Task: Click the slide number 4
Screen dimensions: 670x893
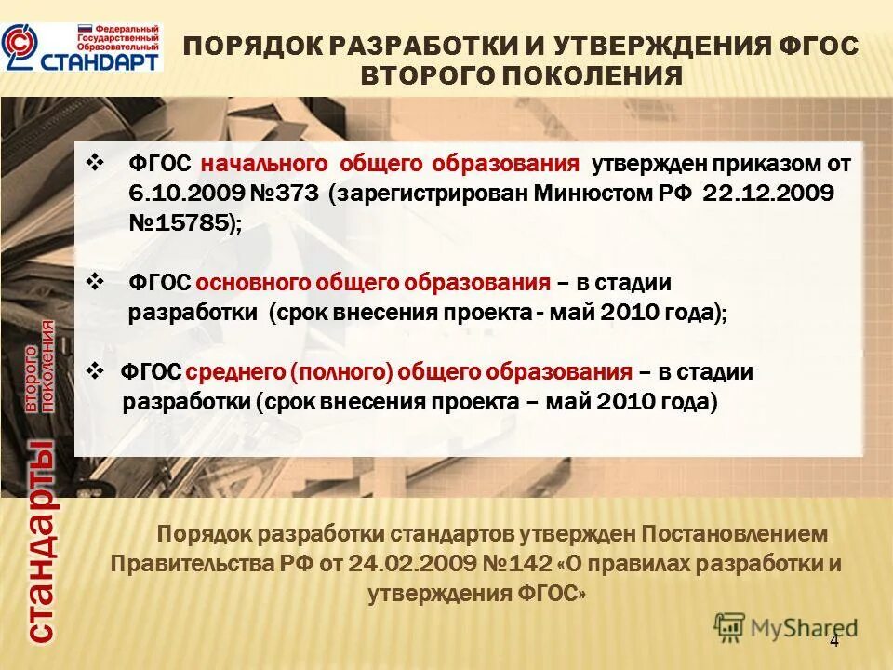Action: pyautogui.click(x=833, y=640)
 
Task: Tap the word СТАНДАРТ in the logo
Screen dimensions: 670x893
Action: pyautogui.click(x=100, y=60)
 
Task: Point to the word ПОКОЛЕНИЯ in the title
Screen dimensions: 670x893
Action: pyautogui.click(x=596, y=75)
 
